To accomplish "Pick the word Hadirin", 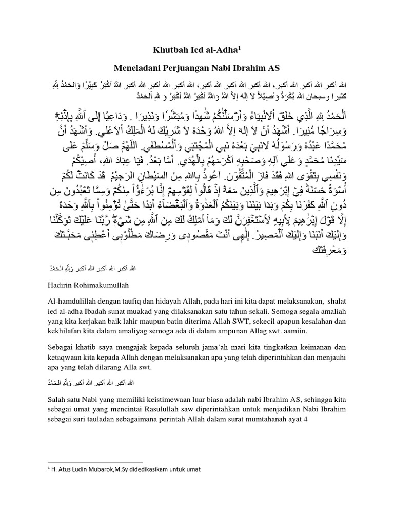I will coord(60,283).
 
